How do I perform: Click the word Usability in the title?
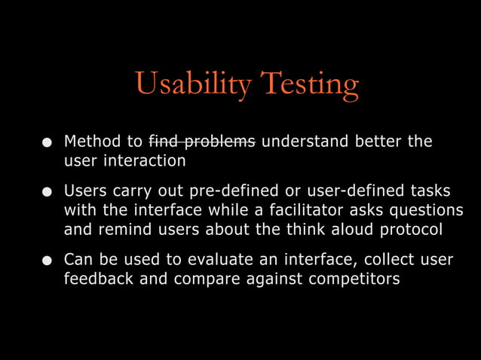192,85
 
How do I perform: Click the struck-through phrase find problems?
202,142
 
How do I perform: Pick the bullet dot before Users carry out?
47,192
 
